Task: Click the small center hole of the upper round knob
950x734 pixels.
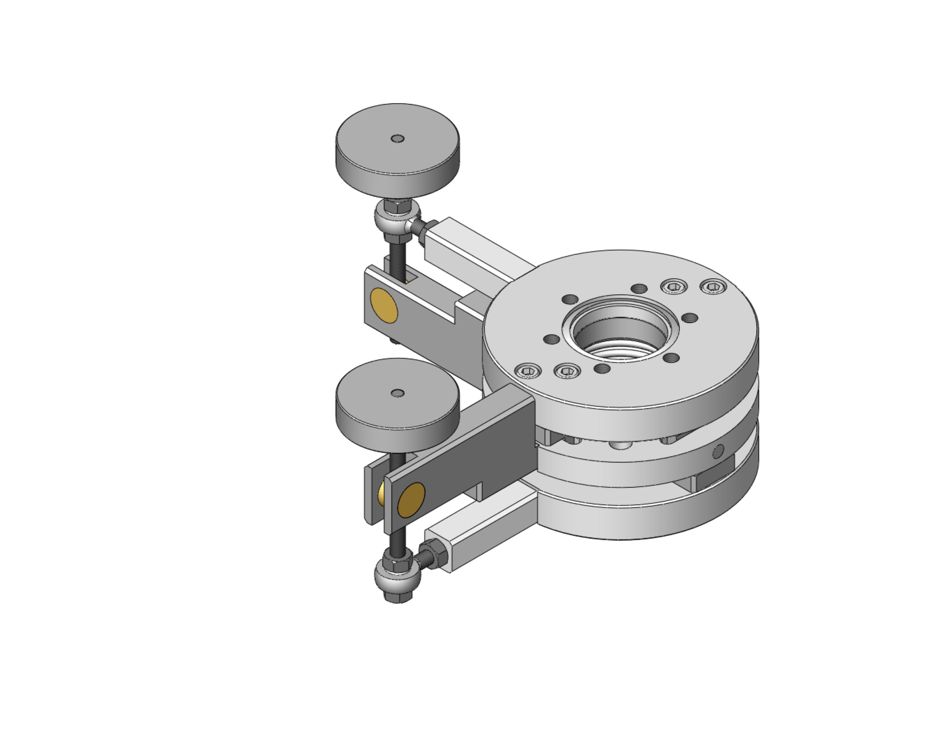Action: click(x=397, y=139)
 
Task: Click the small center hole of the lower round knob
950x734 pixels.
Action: click(x=397, y=393)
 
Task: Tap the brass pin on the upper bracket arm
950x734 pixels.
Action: click(x=384, y=305)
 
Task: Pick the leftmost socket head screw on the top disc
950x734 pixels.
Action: click(x=528, y=371)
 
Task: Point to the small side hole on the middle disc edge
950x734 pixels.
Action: click(x=718, y=451)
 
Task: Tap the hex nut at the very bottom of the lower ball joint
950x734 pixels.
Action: click(x=397, y=597)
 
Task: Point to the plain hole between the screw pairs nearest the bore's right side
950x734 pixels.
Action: click(x=689, y=318)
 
